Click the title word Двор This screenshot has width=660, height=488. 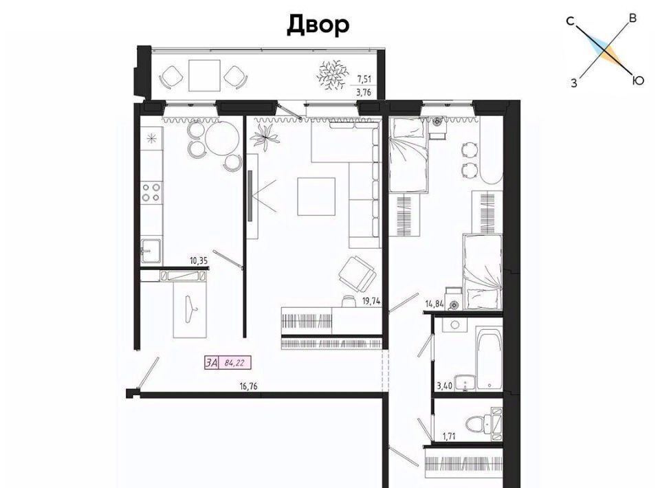(x=318, y=25)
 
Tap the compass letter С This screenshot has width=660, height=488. (x=571, y=21)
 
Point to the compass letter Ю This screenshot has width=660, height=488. (x=638, y=80)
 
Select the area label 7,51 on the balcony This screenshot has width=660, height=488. (x=364, y=78)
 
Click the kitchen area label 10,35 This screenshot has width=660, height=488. (x=199, y=260)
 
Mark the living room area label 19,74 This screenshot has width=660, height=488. (x=371, y=301)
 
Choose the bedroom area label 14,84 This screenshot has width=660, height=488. (x=434, y=304)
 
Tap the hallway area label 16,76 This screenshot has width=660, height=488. (x=248, y=386)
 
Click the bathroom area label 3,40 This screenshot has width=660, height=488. (x=445, y=386)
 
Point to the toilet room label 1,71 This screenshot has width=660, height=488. (x=450, y=436)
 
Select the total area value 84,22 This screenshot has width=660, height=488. (x=235, y=363)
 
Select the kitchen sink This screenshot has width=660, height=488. (x=151, y=251)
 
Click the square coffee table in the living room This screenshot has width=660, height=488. (x=316, y=197)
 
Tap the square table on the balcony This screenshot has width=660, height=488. (x=205, y=76)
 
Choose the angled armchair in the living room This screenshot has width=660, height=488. (x=357, y=274)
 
